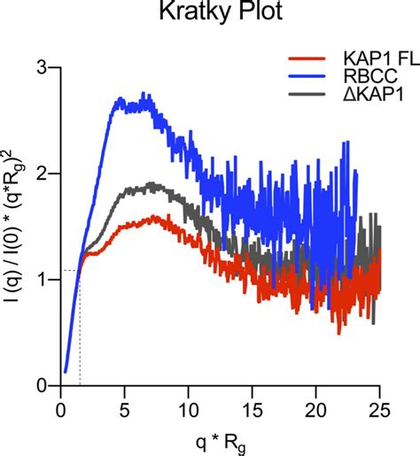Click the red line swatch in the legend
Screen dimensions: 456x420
pyautogui.click(x=306, y=59)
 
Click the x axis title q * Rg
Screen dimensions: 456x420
pyautogui.click(x=220, y=440)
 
